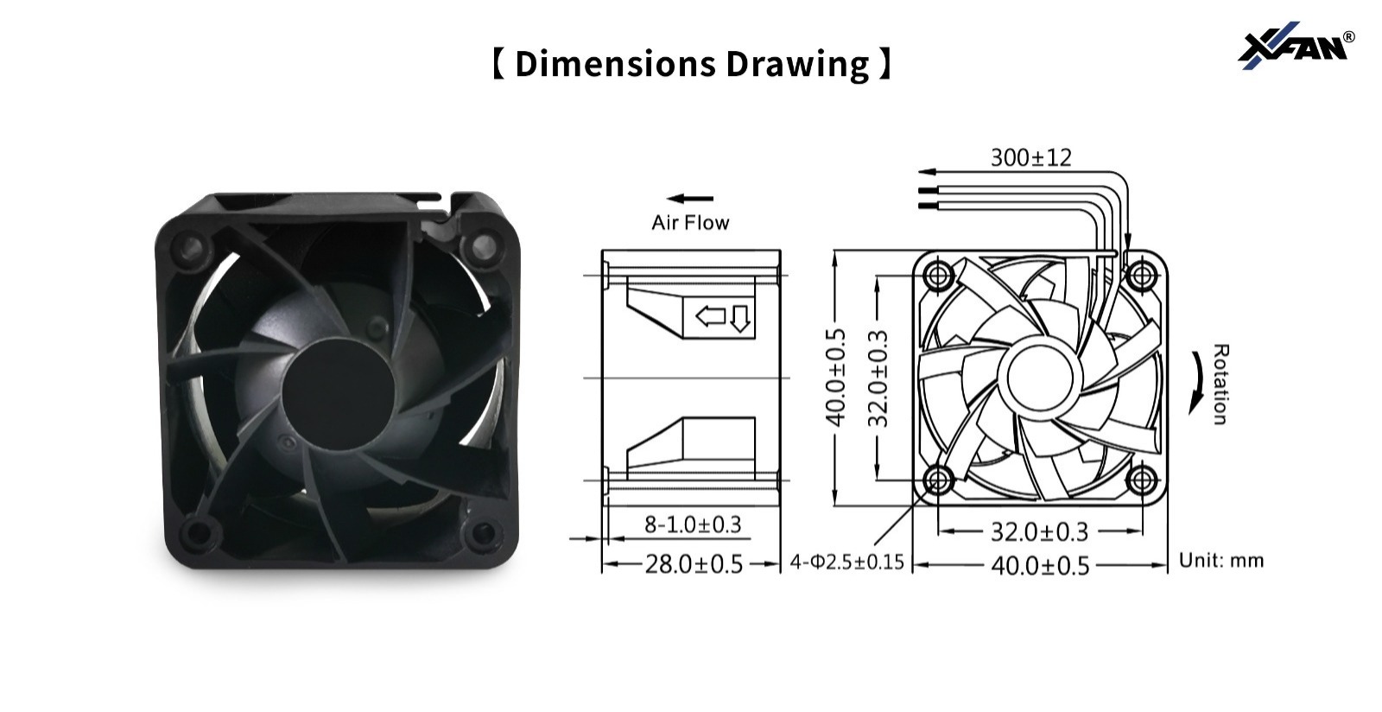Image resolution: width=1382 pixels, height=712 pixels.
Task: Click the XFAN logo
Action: tap(1296, 46)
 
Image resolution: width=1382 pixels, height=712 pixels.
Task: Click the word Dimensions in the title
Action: tap(617, 64)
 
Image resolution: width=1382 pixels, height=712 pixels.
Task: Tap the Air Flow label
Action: tap(690, 222)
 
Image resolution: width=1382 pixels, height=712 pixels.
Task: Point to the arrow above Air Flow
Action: tap(690, 199)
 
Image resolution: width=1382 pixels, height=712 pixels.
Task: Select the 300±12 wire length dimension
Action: tap(1031, 158)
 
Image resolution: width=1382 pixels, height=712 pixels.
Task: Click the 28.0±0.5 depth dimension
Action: tap(694, 564)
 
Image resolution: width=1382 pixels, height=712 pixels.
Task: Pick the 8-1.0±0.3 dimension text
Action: tap(693, 524)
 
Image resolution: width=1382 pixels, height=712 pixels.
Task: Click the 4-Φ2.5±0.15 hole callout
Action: tap(847, 562)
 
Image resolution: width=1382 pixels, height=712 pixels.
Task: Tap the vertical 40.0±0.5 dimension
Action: tap(835, 378)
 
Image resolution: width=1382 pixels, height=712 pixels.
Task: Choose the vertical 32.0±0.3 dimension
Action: tap(878, 378)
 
